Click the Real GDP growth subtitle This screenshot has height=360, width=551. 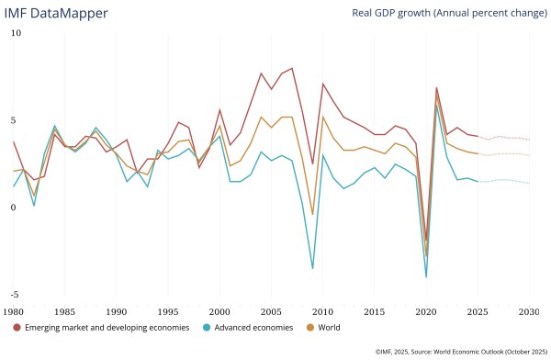tap(449, 13)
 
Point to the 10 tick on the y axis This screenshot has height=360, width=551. tap(14, 33)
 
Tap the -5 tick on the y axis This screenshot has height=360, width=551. tap(14, 294)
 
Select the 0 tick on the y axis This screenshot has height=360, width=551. tap(14, 208)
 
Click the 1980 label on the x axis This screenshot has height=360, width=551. tap(14, 313)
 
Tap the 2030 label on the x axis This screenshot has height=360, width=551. tap(530, 313)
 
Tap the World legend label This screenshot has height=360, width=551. tap(328, 327)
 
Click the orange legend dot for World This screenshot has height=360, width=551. tap(309, 327)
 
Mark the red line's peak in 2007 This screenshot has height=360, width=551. tap(292, 68)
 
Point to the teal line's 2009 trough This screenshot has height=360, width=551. tap(312, 268)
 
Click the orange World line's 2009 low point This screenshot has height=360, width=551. tap(312, 214)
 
